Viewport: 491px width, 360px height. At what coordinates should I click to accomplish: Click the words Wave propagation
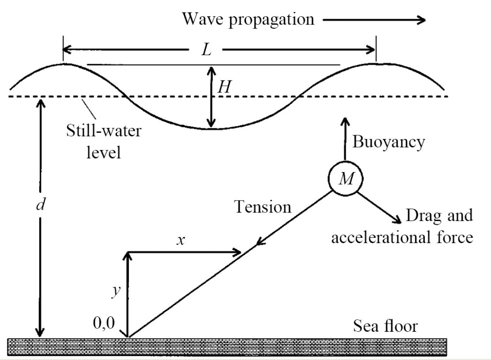(x=248, y=19)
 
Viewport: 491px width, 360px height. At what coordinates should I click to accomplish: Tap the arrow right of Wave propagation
(x=374, y=20)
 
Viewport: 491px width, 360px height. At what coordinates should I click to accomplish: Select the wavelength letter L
(x=206, y=49)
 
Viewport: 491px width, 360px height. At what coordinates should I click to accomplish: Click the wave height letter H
(x=223, y=87)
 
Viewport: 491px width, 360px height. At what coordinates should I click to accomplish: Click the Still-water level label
(x=104, y=141)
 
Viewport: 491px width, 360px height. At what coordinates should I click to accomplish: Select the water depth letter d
(x=41, y=205)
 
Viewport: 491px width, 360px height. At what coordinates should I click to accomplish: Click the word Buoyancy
(x=388, y=142)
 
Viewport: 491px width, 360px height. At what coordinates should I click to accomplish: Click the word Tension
(x=263, y=207)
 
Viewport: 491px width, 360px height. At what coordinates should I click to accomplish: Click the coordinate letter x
(x=180, y=240)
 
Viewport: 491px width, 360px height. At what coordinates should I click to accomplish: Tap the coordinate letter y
(x=115, y=291)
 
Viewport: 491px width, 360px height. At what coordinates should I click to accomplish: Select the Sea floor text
(x=386, y=326)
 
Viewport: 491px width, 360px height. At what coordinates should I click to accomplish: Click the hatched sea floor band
(x=227, y=347)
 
